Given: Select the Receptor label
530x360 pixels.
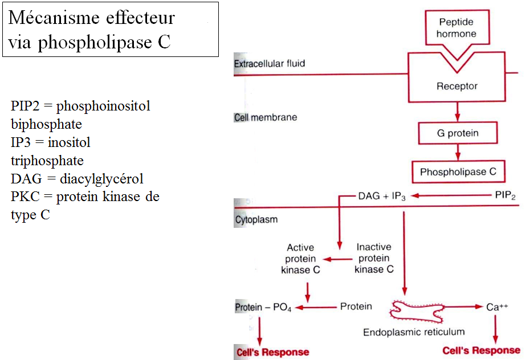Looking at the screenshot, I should point(457,87).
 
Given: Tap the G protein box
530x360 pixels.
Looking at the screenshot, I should point(457,133).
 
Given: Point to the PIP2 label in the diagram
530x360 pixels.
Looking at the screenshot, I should point(505,196).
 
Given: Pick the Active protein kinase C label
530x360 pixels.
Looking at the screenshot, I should point(300,259).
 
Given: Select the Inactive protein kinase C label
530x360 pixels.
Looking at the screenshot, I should point(374,258).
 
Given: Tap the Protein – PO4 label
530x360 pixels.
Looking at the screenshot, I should point(263,308).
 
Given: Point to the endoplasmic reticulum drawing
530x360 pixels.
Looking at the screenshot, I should point(418,310).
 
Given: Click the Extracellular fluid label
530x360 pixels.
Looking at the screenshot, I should point(270,63).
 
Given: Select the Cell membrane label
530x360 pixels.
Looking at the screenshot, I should point(266,117).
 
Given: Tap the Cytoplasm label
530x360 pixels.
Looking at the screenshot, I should point(256,219).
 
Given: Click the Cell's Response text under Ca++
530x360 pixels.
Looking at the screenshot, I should point(482,350).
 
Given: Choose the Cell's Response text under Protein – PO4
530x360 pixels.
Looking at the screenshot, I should point(272,352).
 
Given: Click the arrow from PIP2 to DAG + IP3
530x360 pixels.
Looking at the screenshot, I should point(450,196).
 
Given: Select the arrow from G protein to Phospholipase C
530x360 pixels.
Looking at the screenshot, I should point(457,152).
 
